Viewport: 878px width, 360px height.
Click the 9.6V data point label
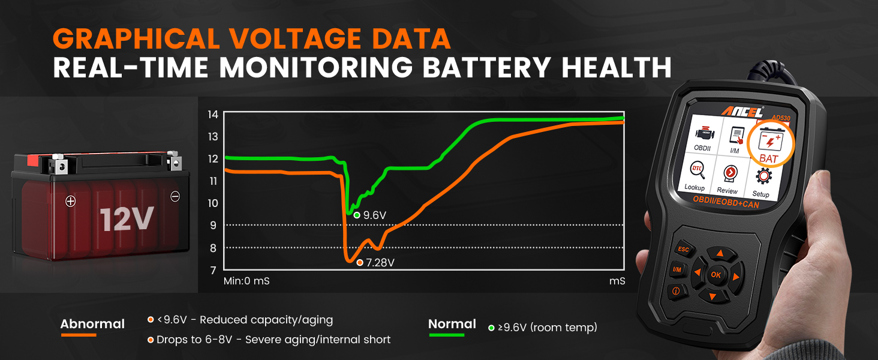click(374, 215)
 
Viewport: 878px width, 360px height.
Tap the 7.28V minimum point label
click(379, 262)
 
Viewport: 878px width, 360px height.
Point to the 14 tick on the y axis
click(212, 114)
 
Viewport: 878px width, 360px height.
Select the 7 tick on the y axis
click(213, 270)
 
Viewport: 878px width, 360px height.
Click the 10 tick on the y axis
click(212, 203)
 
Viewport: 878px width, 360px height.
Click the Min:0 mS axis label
click(246, 280)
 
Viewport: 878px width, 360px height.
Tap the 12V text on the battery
click(127, 219)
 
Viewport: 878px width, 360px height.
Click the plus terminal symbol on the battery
click(70, 202)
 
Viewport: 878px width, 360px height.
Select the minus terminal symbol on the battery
click(175, 196)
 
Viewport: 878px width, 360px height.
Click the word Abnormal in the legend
click(92, 324)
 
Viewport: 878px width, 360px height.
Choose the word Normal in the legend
click(452, 324)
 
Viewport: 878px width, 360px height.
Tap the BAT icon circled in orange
click(768, 148)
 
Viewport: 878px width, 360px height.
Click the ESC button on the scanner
click(683, 248)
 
